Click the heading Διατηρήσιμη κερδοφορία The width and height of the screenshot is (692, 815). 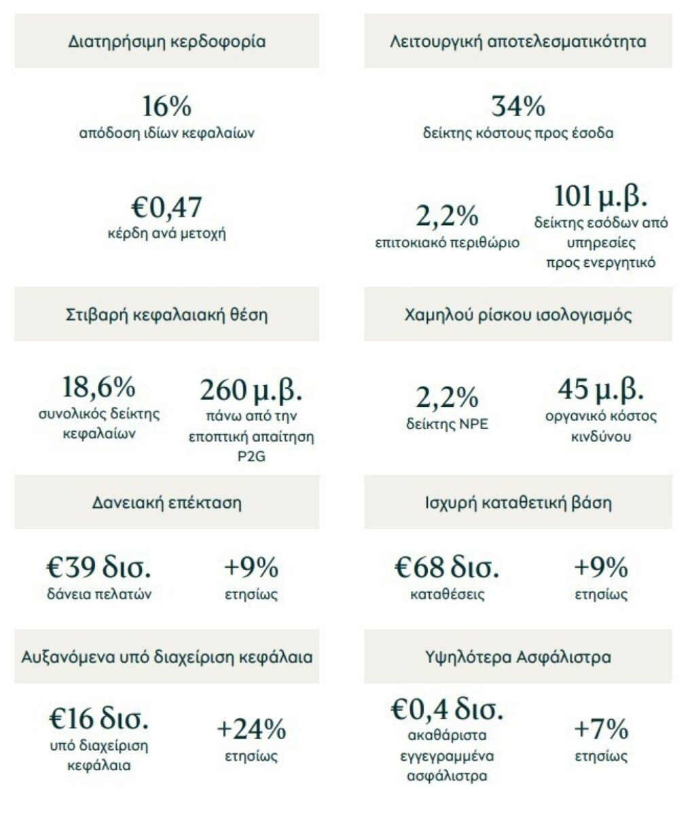(167, 42)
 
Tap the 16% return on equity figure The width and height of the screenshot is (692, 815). (167, 107)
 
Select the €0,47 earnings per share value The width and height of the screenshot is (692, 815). (167, 207)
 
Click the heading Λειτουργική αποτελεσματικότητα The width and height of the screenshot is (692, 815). (518, 42)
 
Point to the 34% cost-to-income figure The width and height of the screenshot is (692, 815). (518, 107)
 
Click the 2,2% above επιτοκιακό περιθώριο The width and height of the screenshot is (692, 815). (447, 216)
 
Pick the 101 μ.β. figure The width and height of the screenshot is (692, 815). (600, 196)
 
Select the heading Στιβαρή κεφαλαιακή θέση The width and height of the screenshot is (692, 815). (167, 315)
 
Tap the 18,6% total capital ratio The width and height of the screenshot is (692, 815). (99, 387)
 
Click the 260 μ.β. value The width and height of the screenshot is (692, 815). (251, 391)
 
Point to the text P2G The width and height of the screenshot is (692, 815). (251, 456)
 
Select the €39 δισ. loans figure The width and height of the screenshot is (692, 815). (99, 567)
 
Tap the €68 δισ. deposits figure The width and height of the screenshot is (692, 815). (447, 567)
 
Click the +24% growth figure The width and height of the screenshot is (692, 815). (251, 729)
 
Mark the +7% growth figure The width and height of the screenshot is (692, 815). (600, 729)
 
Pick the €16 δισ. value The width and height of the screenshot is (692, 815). (99, 719)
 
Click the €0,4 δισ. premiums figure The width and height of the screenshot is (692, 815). (447, 709)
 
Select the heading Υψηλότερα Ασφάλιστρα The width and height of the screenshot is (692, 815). (518, 657)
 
